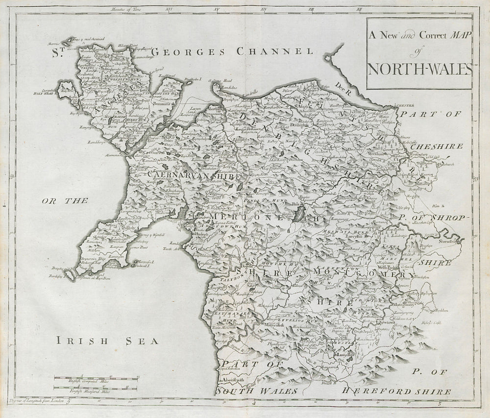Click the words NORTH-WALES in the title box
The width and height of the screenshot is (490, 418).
click(x=419, y=69)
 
